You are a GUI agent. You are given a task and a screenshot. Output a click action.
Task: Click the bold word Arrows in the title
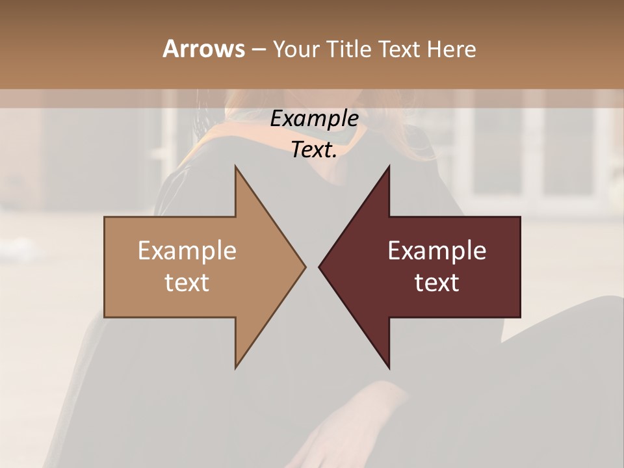(203, 49)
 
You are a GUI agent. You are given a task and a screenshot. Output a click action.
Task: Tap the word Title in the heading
(350, 49)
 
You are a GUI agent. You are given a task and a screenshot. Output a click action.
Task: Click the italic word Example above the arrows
(315, 119)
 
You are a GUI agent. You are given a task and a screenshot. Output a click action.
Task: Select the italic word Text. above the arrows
(315, 150)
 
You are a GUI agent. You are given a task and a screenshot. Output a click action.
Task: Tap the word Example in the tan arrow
(187, 251)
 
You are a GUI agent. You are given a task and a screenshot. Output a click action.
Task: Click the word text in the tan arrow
(187, 283)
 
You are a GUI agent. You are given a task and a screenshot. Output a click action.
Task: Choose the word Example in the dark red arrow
(437, 251)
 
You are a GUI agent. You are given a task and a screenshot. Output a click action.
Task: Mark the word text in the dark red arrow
(437, 283)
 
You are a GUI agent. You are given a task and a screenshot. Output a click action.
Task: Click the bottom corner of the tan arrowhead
(236, 367)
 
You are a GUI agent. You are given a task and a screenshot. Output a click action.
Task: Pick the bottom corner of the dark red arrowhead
(389, 367)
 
